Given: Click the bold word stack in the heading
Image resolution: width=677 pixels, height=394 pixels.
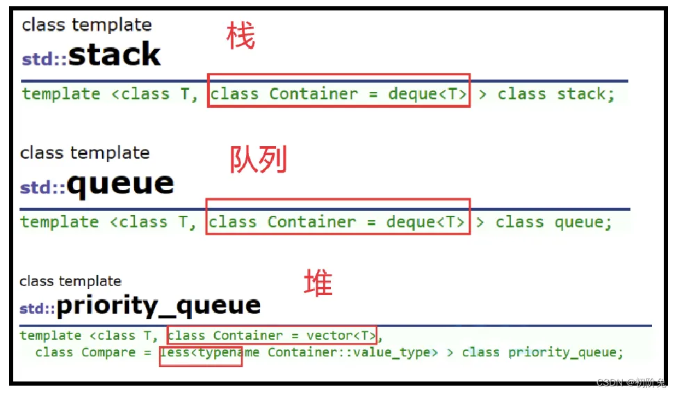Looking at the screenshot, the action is [x=115, y=54].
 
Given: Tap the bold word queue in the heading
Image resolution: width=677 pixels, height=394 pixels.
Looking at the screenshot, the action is [x=120, y=184].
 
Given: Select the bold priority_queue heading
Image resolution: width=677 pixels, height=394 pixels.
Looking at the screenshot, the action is [x=158, y=306].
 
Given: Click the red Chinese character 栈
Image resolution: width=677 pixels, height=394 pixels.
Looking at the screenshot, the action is [x=240, y=36].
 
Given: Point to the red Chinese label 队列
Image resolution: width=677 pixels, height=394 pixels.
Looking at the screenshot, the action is [x=258, y=159].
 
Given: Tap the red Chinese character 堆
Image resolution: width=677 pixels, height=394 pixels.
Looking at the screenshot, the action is [x=318, y=283].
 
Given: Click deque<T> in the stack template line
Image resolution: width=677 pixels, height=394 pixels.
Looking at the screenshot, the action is [x=427, y=94].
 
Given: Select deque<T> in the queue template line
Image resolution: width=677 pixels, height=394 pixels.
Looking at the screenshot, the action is [x=425, y=222].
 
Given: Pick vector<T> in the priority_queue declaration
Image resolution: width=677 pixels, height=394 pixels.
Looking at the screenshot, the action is [x=341, y=336].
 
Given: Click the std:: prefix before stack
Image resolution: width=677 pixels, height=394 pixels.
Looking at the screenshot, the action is [x=44, y=59].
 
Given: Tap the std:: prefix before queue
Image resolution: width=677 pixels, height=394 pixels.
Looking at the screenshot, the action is [x=42, y=188].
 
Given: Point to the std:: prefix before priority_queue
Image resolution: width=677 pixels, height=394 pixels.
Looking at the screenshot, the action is [x=38, y=309].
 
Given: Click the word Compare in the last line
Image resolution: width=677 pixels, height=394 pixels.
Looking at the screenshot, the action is [x=108, y=352].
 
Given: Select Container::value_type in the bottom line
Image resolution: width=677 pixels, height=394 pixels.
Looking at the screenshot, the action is [x=349, y=352].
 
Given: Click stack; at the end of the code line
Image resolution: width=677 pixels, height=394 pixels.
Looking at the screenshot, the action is [x=586, y=94].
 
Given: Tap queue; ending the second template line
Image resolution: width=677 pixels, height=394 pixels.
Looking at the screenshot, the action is [x=583, y=222].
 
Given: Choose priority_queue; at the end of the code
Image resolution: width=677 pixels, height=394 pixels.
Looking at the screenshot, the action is [x=566, y=353].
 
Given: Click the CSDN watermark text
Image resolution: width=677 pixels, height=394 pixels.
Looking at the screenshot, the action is [x=631, y=382].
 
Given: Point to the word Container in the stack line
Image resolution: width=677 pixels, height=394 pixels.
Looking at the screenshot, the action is [x=314, y=93].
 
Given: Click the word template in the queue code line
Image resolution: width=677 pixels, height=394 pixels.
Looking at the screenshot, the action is [x=60, y=222].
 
